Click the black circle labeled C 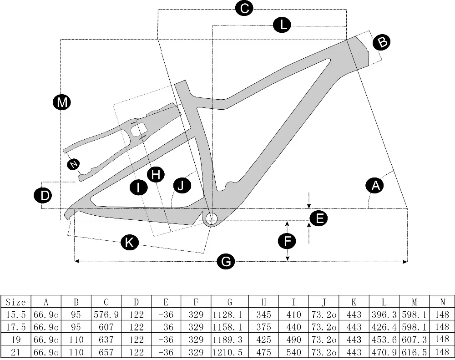[x=244, y=9]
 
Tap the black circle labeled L [x=282, y=25]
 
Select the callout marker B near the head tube [x=382, y=42]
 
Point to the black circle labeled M [x=61, y=102]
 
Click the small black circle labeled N [x=72, y=164]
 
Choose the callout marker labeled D [x=43, y=196]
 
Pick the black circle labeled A [x=375, y=186]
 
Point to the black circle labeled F [x=287, y=242]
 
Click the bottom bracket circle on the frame [x=210, y=219]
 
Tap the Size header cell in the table [x=15, y=302]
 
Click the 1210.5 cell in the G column [x=229, y=352]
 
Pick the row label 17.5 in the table [x=15, y=327]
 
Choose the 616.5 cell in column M [x=414, y=352]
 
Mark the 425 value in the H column [x=263, y=340]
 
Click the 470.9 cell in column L [x=384, y=352]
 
